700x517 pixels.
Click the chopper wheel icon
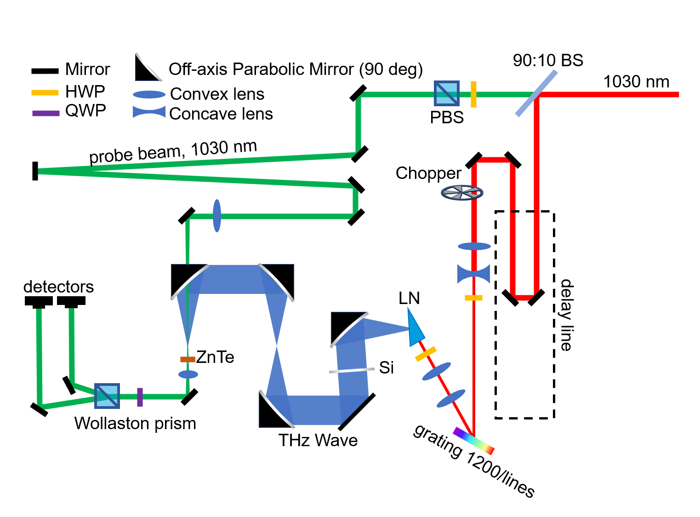tap(462, 192)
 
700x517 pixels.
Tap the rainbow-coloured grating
tap(473, 441)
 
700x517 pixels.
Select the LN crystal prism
tap(415, 328)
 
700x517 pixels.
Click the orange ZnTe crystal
tap(188, 359)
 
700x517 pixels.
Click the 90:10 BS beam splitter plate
tap(536, 93)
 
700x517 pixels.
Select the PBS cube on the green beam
tap(447, 93)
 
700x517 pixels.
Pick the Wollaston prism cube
tap(107, 396)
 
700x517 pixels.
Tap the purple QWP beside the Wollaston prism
tap(140, 397)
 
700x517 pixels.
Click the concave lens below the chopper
tap(473, 274)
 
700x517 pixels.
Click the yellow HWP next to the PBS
tap(473, 94)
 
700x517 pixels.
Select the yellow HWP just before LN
tap(426, 354)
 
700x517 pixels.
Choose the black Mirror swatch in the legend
tap(45, 71)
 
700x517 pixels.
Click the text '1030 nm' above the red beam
tap(636, 82)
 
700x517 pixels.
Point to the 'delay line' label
tap(566, 315)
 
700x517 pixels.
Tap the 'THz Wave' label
tap(318, 441)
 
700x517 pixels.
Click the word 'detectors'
tap(58, 287)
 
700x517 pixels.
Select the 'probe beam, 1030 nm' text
tap(173, 151)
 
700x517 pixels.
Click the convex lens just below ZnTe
tap(188, 374)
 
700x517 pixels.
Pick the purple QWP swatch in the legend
tap(46, 113)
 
